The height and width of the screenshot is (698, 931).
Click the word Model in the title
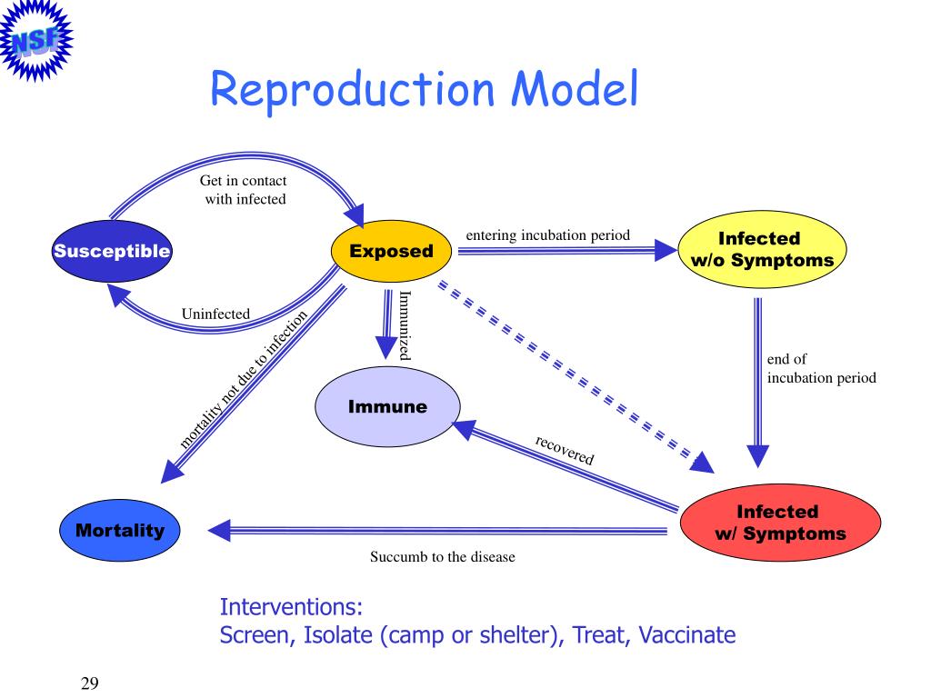coord(575,88)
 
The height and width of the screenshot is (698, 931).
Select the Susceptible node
coord(112,251)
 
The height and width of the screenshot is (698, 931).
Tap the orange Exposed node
coord(391,251)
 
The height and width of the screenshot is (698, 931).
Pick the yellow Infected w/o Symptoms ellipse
coord(763,249)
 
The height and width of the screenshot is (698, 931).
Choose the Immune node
coord(387,406)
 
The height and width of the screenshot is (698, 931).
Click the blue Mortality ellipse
coord(120,530)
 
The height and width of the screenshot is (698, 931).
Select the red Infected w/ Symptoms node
coord(780,523)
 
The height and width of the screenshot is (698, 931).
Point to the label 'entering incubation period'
coord(548,235)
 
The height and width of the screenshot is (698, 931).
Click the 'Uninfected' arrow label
coord(215,314)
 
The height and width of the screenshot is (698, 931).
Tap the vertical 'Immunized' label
coord(405,325)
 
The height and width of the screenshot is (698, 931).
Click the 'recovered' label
coord(564,450)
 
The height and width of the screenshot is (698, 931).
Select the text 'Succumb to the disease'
coord(443,557)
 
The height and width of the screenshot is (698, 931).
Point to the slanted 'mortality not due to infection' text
coord(244,379)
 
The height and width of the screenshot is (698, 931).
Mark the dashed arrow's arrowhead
coord(703,463)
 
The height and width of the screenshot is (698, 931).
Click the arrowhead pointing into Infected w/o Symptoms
coord(666,251)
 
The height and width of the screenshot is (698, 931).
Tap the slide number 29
coord(90,683)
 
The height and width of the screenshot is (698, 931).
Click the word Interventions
coord(291,607)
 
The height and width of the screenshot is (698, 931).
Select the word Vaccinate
coord(687,635)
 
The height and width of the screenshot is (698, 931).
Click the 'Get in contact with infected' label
coord(244,190)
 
